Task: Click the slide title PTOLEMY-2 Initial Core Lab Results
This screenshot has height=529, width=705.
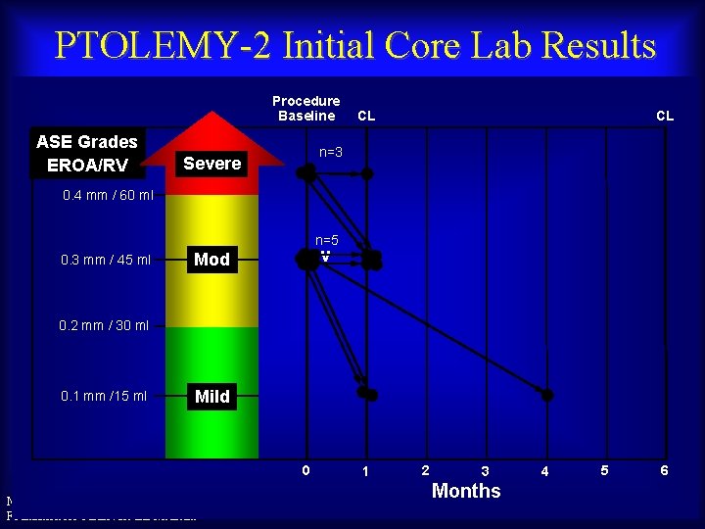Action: pos(354,45)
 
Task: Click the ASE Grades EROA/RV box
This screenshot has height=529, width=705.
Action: pos(87,154)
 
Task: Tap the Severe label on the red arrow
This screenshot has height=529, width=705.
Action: pos(212,164)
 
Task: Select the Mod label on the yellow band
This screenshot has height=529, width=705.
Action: pos(212,260)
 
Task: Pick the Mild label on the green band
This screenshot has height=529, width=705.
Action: pos(212,397)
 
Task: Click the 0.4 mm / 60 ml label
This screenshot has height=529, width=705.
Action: pos(108,196)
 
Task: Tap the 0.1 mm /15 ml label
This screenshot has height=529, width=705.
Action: pos(104,397)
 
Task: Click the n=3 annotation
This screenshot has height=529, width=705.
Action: pos(329,152)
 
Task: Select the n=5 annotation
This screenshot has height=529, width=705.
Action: pos(327,240)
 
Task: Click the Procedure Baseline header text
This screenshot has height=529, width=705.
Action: pos(306,109)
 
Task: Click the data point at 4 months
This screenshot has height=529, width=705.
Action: pos(547,395)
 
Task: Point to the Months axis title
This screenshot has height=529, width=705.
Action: pos(466,491)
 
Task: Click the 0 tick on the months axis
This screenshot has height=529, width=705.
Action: pos(306,470)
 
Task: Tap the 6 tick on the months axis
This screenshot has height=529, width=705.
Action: pos(665,471)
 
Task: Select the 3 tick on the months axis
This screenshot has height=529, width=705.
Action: pos(485,472)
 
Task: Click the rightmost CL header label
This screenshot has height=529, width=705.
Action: pos(665,116)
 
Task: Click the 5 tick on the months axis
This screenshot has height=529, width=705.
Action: pos(604,471)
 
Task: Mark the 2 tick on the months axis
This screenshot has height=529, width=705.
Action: pos(424,471)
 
